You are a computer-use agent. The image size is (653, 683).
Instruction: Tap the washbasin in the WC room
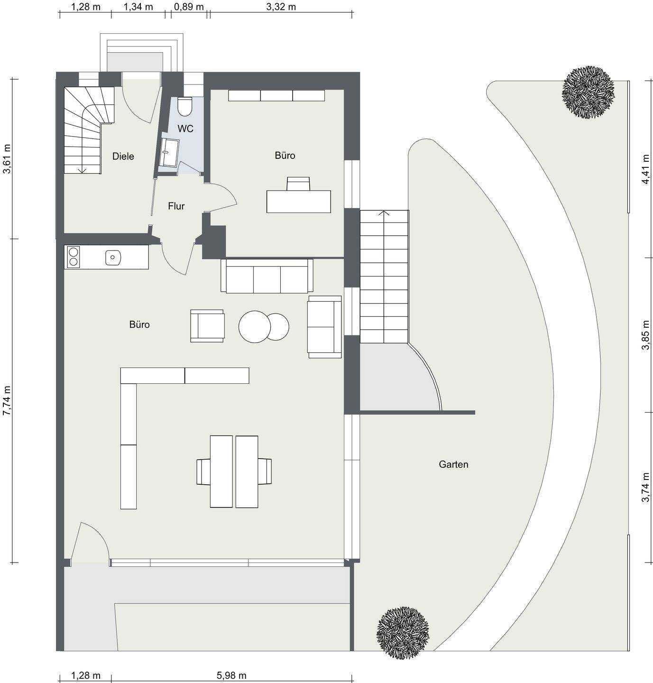coord(169,152)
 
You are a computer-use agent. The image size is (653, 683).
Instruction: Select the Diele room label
coord(123,156)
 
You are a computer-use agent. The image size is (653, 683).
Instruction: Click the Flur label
coord(176,206)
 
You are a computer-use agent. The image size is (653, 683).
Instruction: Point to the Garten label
coord(453,464)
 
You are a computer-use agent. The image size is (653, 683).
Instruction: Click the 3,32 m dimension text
coord(281,7)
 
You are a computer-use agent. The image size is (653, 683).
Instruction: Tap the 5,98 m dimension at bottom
coord(231,675)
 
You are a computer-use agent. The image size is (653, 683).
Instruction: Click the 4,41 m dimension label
coord(645,169)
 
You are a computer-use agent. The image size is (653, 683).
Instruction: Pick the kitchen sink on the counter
coord(113,257)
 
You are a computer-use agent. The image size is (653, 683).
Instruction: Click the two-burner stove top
coord(74,257)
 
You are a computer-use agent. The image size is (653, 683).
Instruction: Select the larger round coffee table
coord(255,326)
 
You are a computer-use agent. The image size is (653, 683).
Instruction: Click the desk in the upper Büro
coord(299,201)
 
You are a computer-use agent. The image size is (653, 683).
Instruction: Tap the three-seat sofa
coord(267,276)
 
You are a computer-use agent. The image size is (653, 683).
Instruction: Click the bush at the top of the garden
coord(588,92)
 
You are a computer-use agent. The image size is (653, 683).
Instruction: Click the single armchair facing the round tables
coord(207,326)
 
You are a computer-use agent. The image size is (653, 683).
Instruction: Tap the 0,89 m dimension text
coord(189,7)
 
